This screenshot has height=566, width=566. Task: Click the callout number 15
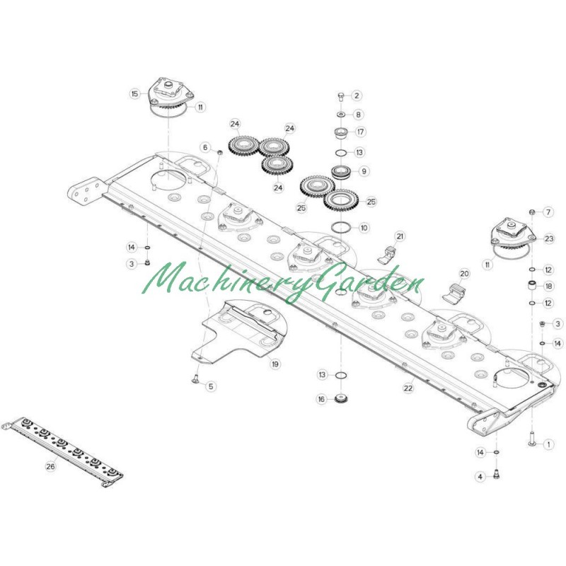134,94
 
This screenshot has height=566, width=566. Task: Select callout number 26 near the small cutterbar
50,466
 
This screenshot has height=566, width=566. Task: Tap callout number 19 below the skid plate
275,364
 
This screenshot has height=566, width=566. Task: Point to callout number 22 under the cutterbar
408,388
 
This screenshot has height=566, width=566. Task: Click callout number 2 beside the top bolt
357,96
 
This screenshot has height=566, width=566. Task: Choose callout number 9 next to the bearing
364,171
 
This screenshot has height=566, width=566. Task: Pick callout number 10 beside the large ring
364,228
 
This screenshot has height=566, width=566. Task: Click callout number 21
400,236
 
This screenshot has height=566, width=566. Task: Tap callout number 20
464,274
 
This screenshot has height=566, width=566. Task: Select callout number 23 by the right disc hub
549,238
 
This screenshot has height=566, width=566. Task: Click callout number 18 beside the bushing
549,287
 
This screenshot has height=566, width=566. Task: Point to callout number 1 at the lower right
549,444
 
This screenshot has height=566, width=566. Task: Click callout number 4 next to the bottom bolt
480,477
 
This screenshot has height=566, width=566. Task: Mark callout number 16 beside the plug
321,399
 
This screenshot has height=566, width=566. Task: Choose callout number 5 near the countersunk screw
211,386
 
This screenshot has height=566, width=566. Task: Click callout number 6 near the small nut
205,147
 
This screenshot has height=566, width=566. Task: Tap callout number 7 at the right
548,212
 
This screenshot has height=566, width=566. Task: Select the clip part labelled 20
454,293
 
